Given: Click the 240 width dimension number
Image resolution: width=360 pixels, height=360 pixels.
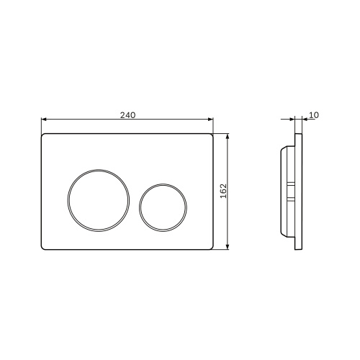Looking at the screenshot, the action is click(x=127, y=115).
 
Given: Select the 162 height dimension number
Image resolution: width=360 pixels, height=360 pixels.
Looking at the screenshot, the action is click(x=223, y=191).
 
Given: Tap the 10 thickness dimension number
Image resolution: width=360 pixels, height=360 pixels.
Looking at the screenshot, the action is click(x=314, y=115).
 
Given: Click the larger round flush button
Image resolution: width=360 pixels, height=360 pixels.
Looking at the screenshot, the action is click(x=99, y=200).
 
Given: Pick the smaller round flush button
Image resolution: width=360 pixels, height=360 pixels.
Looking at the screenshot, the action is click(x=163, y=208).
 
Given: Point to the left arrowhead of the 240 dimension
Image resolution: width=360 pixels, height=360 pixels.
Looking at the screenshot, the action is click(x=43, y=119).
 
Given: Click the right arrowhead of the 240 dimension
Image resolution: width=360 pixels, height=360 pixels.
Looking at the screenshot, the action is click(x=211, y=119).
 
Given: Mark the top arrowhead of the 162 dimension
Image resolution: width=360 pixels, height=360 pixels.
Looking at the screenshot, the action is click(x=228, y=136).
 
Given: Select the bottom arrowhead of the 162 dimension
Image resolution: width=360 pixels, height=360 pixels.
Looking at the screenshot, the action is click(x=228, y=247).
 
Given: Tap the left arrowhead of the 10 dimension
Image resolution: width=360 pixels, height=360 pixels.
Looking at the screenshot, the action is click(x=292, y=119).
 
